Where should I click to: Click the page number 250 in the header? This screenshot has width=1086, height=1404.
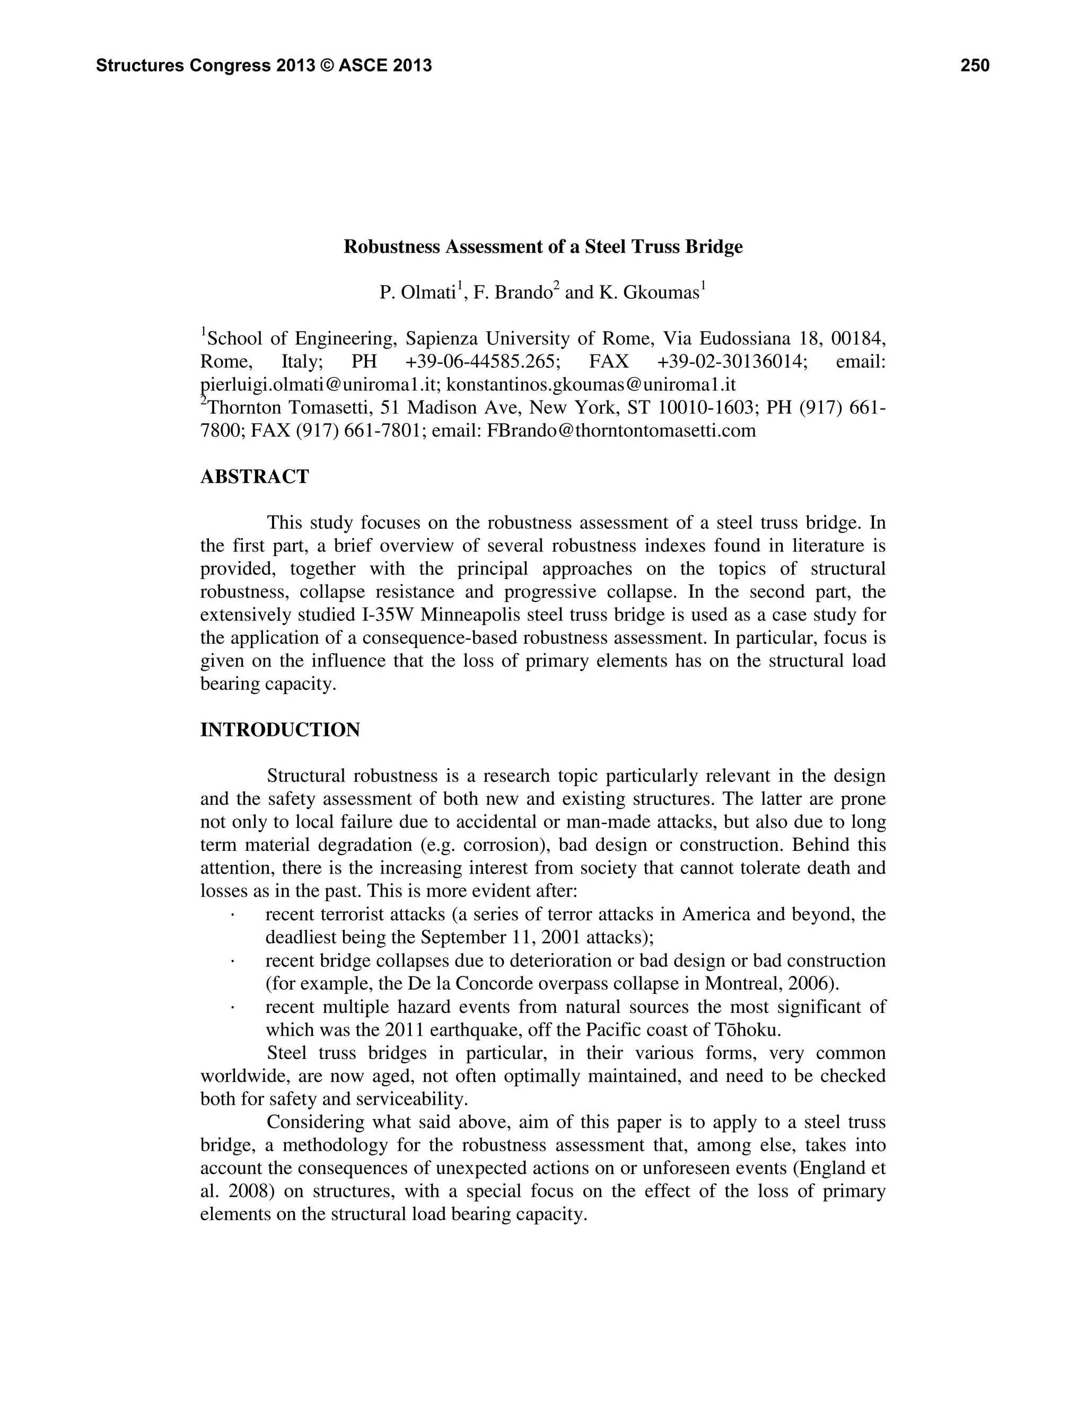[974, 66]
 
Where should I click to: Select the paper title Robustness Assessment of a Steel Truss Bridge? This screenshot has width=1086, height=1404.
[543, 247]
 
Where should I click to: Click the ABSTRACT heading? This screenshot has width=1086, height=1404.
[255, 477]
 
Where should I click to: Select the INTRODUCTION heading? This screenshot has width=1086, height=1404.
[280, 730]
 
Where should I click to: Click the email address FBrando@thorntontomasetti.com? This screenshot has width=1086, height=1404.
[621, 431]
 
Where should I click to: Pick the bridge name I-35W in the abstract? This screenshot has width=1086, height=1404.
[386, 615]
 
